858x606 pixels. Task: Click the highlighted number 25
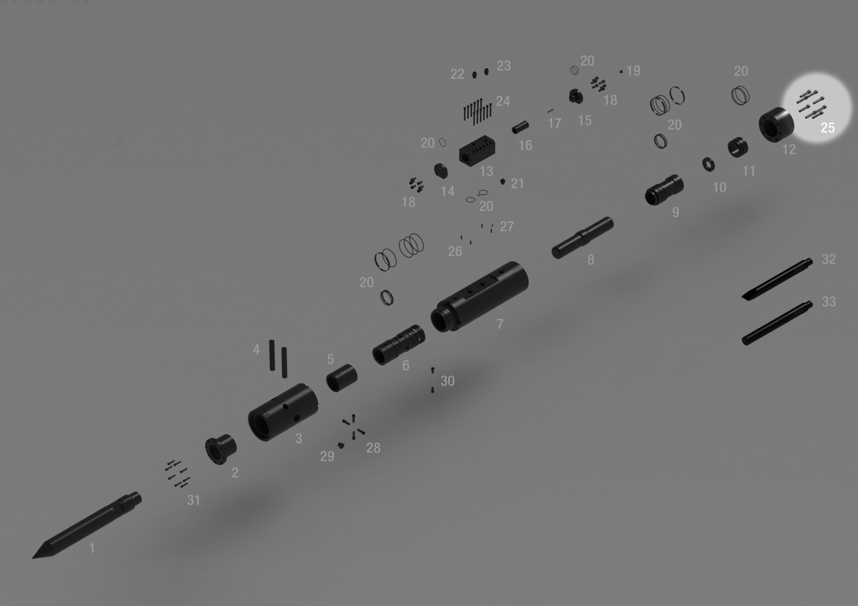[x=827, y=128]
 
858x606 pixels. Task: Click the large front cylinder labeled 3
[x=283, y=412]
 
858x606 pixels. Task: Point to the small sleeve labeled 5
[x=341, y=378]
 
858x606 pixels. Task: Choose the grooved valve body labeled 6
[x=398, y=345]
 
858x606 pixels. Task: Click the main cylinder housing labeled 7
[x=479, y=296]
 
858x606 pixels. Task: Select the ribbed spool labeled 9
[x=664, y=190]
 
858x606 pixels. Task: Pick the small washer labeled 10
[x=709, y=164]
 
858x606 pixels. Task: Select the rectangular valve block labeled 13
[x=477, y=151]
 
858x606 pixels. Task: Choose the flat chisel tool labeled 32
[x=777, y=279]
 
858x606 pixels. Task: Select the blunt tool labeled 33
[x=777, y=323]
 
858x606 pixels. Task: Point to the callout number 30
[x=447, y=381]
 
